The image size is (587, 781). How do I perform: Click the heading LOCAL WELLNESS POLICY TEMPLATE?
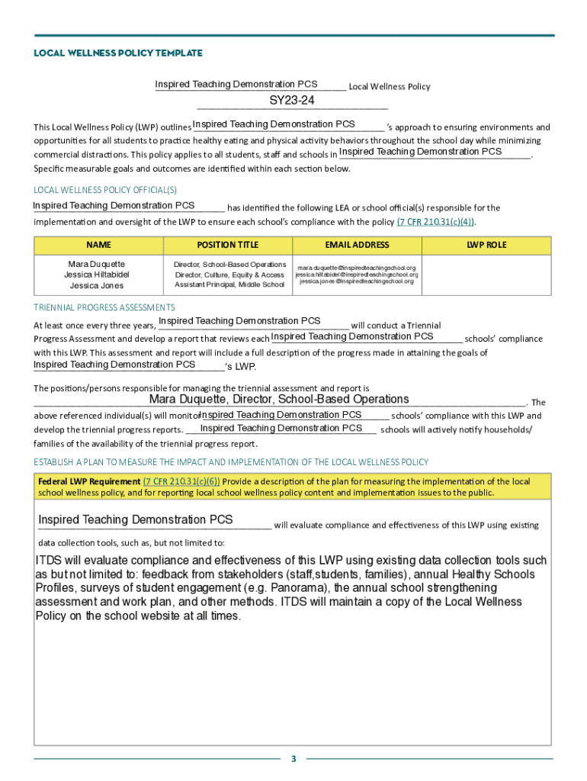point(118,53)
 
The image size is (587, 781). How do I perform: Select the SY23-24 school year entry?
point(292,101)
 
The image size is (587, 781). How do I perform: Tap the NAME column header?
point(98,245)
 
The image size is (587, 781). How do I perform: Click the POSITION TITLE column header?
point(227,245)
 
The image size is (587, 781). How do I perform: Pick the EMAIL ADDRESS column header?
point(357,245)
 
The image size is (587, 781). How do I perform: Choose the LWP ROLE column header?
point(486,245)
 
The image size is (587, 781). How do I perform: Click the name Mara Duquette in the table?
point(97,265)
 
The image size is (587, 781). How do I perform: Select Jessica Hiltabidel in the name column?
point(97,275)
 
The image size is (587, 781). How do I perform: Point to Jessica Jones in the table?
point(97,285)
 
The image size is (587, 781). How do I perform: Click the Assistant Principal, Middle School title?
point(229,285)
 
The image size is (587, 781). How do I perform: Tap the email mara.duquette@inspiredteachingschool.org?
point(357,268)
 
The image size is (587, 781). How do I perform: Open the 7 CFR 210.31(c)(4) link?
point(435,222)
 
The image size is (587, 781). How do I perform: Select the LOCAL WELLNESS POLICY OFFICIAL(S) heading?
point(105,190)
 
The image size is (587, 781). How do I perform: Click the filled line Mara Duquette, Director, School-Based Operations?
point(279,399)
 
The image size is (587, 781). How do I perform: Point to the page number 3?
point(293,759)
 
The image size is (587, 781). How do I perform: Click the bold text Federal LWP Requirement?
point(89,481)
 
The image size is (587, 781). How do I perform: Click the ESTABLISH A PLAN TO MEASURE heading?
point(231,462)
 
